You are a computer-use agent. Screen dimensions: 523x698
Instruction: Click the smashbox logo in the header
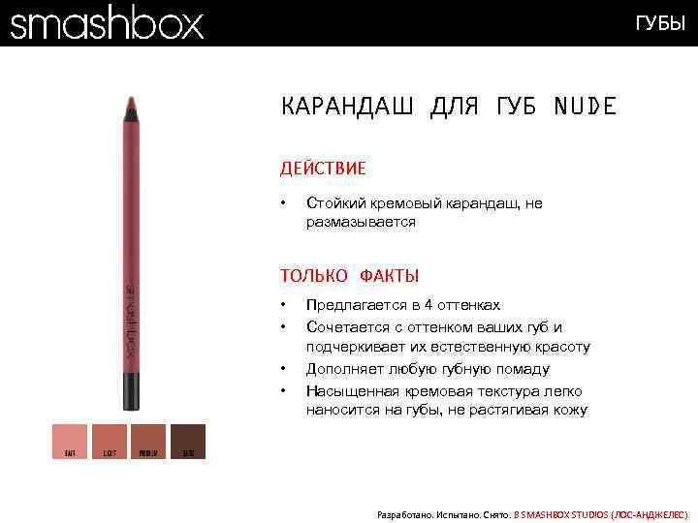(108, 22)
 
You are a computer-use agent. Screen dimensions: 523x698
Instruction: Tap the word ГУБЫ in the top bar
(659, 23)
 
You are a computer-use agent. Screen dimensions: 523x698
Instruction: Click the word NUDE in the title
(585, 107)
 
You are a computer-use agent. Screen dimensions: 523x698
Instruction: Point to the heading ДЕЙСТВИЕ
(323, 169)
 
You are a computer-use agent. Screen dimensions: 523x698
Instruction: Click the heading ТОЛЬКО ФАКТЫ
(350, 276)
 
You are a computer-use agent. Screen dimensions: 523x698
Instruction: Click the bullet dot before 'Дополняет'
(284, 369)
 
